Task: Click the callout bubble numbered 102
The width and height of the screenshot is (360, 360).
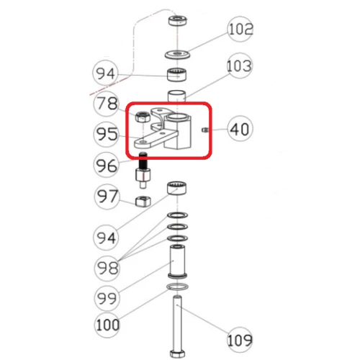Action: pos(240,30)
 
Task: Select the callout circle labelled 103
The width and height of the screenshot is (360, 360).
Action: pos(238,68)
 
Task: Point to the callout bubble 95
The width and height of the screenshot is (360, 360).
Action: pos(107,134)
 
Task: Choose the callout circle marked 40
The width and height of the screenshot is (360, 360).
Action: pos(240,130)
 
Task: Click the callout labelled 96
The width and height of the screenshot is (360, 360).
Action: pos(107,165)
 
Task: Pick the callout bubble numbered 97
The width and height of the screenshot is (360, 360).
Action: pos(107,196)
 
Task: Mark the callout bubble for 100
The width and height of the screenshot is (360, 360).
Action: pos(108,325)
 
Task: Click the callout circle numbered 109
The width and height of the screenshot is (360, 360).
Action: pos(240,338)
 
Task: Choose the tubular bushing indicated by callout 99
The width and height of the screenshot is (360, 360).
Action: pos(177,262)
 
